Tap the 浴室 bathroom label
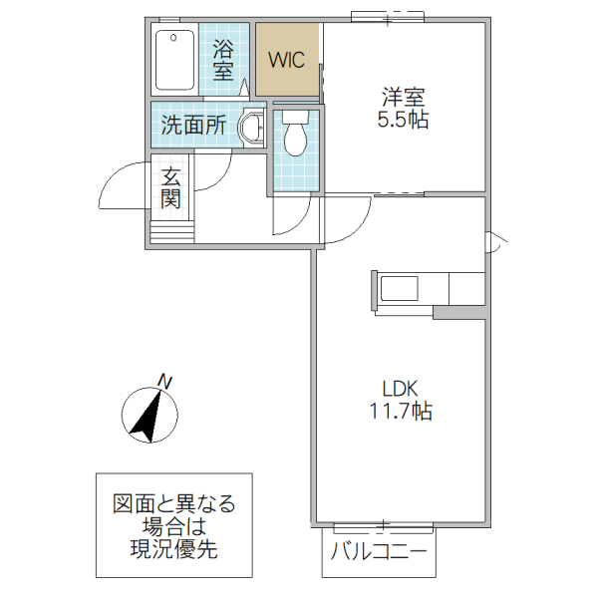pyautogui.click(x=223, y=59)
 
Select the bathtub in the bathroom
pyautogui.click(x=176, y=61)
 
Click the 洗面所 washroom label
pyautogui.click(x=193, y=127)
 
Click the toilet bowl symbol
pyautogui.click(x=294, y=137)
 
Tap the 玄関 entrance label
pyautogui.click(x=171, y=188)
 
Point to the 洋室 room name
pyautogui.click(x=403, y=98)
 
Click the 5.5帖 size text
pyautogui.click(x=403, y=121)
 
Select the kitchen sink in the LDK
pyautogui.click(x=400, y=289)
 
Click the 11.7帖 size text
pyautogui.click(x=403, y=411)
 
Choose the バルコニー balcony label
pyautogui.click(x=379, y=551)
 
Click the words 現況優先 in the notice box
pyautogui.click(x=173, y=547)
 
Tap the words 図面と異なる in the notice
pyautogui.click(x=173, y=503)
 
